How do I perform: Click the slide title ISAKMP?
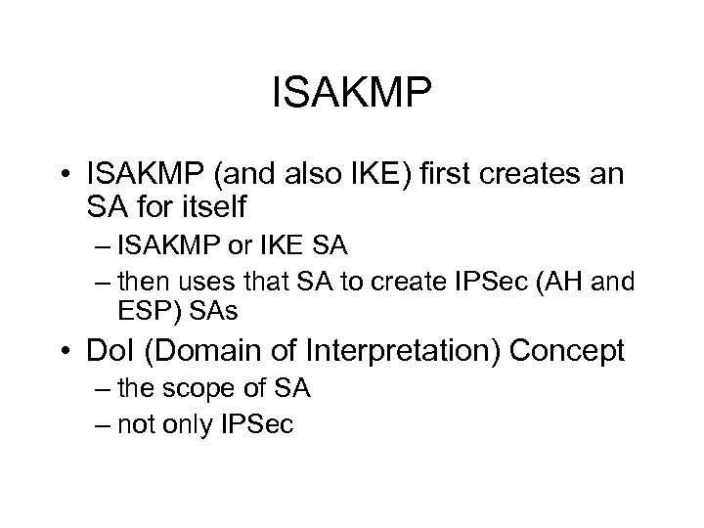pyautogui.click(x=351, y=97)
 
